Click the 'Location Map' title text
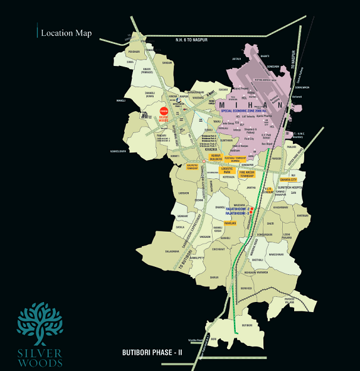click(66, 33)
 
